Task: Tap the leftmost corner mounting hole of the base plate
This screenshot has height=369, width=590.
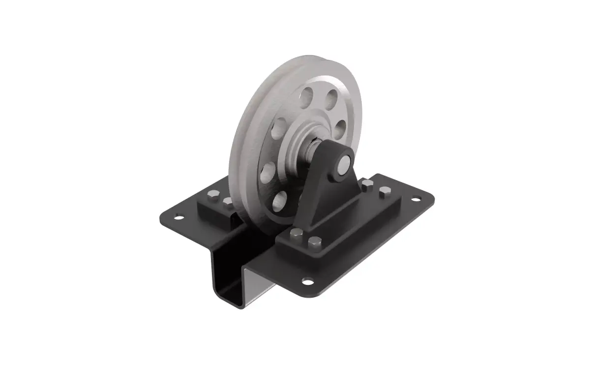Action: click(x=178, y=215)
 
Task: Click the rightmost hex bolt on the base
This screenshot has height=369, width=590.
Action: click(x=384, y=192)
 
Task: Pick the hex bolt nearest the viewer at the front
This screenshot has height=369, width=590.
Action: click(x=314, y=242)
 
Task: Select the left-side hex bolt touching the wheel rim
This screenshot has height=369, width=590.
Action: click(x=227, y=201)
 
